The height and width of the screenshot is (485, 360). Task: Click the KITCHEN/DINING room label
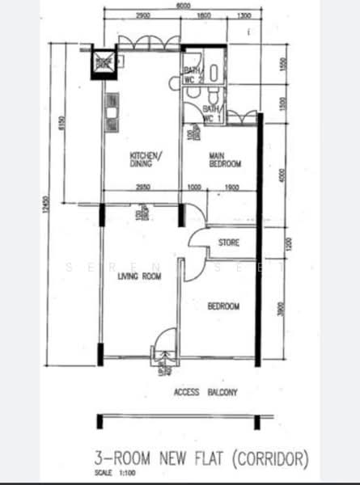[146, 159]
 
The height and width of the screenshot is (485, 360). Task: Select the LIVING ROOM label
[138, 276]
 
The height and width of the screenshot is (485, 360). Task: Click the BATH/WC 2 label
[191, 74]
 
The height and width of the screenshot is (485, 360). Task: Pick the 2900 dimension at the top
[143, 15]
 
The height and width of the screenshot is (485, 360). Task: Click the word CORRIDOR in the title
[271, 459]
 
